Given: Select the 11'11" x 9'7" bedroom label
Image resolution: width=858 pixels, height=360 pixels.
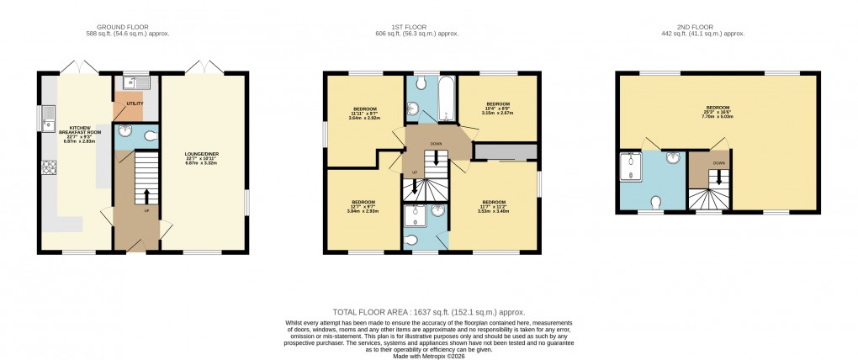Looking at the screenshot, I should (x=364, y=114).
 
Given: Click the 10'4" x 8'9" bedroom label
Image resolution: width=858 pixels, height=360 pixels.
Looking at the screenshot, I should (x=499, y=108).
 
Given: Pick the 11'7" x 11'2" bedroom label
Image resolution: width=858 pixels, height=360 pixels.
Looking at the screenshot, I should (x=493, y=206).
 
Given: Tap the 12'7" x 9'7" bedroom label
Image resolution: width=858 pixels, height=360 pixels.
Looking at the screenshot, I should (x=363, y=206).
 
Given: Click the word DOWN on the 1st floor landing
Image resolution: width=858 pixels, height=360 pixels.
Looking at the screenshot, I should (x=436, y=144).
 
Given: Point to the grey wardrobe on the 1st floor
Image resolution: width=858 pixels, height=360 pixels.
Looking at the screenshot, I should (x=505, y=151).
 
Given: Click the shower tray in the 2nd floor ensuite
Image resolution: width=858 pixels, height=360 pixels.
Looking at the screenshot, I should (x=629, y=167).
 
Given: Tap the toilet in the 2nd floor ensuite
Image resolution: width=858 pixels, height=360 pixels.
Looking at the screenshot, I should (x=656, y=202).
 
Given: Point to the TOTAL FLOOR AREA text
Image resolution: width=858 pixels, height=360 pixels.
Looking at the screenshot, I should (x=429, y=312).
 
